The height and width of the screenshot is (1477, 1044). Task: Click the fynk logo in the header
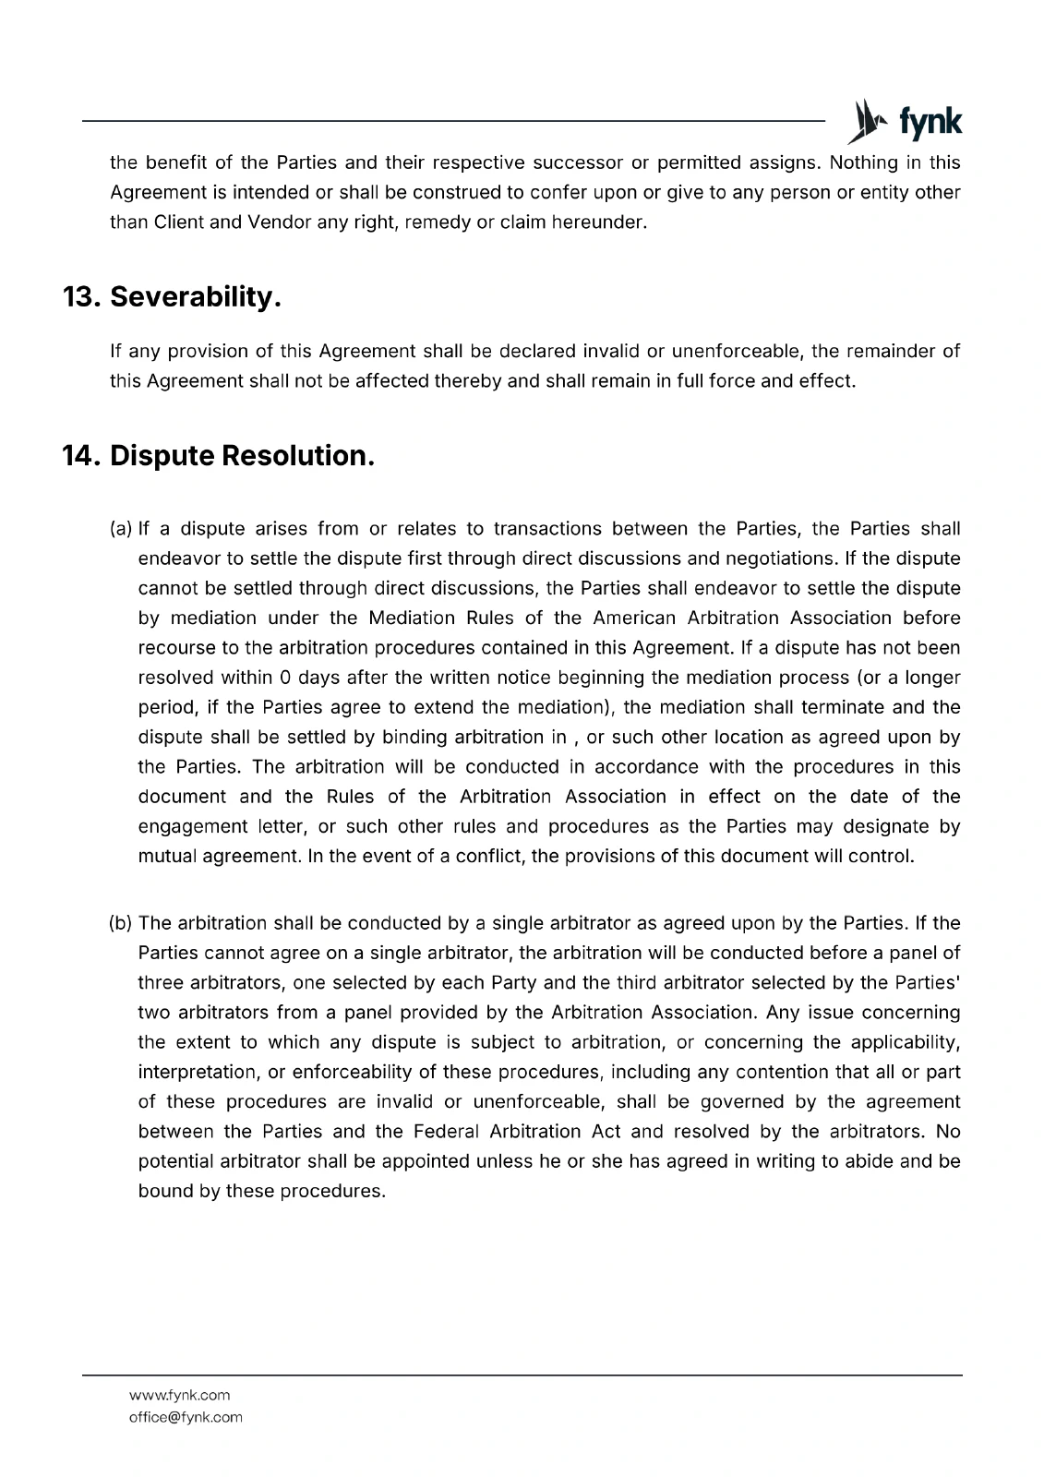tap(904, 122)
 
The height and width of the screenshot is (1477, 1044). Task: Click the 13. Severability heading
tap(172, 297)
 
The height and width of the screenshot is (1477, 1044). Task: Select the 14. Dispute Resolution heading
tap(219, 456)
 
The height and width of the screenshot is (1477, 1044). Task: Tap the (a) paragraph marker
tap(121, 529)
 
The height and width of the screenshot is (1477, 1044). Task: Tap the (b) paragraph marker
tap(121, 923)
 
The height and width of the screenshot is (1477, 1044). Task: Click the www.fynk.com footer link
tap(179, 1395)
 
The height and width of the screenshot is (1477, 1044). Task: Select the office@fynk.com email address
tap(186, 1417)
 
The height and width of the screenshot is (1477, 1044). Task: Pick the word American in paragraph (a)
tap(635, 618)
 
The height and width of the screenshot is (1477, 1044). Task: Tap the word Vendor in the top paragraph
tap(279, 222)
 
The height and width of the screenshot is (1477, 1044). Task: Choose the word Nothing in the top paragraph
tap(863, 163)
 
